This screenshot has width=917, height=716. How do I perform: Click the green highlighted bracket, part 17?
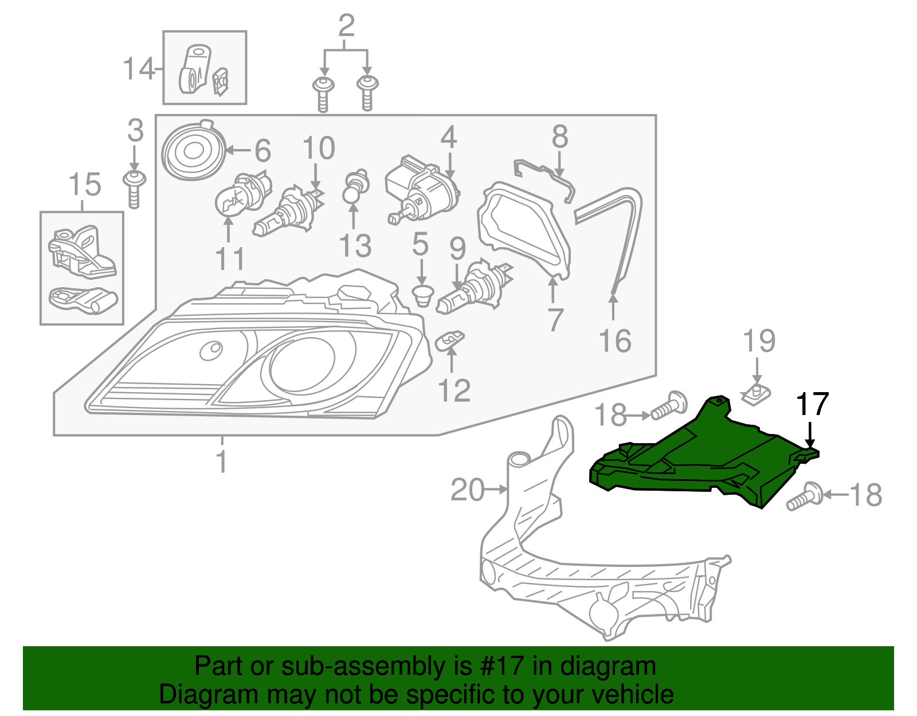[x=699, y=459]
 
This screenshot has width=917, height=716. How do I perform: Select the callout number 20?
[x=467, y=490]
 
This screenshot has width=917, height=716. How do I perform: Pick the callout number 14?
[x=139, y=69]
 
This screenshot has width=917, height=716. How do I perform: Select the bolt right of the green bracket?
[x=805, y=496]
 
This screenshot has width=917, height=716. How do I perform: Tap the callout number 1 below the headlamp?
[x=222, y=461]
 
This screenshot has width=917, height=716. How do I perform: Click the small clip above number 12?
[x=450, y=341]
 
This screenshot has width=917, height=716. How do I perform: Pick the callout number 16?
[x=615, y=341]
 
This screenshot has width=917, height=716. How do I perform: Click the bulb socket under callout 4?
[x=421, y=192]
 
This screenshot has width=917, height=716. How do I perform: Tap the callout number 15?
[x=84, y=185]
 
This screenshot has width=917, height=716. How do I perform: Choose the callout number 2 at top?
[x=346, y=26]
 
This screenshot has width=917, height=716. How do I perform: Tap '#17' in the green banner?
[x=498, y=667]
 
